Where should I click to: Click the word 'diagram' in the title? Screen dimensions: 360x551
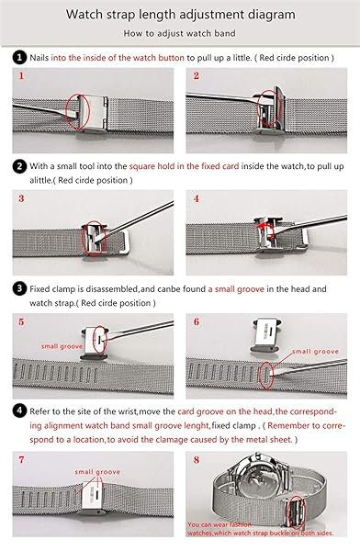pyautogui.click(x=272, y=15)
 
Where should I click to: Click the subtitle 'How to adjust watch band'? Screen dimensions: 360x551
pyautogui.click(x=179, y=33)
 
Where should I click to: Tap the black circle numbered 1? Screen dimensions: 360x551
pyautogui.click(x=19, y=57)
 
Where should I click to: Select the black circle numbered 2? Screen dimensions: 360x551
pyautogui.click(x=19, y=166)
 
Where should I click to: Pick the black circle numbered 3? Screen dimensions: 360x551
pyautogui.click(x=19, y=289)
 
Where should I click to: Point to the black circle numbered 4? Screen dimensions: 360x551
pyautogui.click(x=19, y=410)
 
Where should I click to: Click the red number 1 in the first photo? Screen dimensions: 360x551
pyautogui.click(x=22, y=76)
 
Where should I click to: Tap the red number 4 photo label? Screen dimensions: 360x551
pyautogui.click(x=197, y=199)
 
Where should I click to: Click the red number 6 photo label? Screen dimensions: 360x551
pyautogui.click(x=197, y=322)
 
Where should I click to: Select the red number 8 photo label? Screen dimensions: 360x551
pyautogui.click(x=197, y=460)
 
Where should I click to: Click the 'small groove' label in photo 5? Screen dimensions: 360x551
pyautogui.click(x=62, y=346)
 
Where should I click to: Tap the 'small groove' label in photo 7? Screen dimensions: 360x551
pyautogui.click(x=97, y=472)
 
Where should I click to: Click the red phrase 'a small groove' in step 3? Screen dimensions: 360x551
pyautogui.click(x=236, y=289)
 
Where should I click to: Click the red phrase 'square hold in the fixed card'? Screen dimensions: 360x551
pyautogui.click(x=184, y=166)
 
